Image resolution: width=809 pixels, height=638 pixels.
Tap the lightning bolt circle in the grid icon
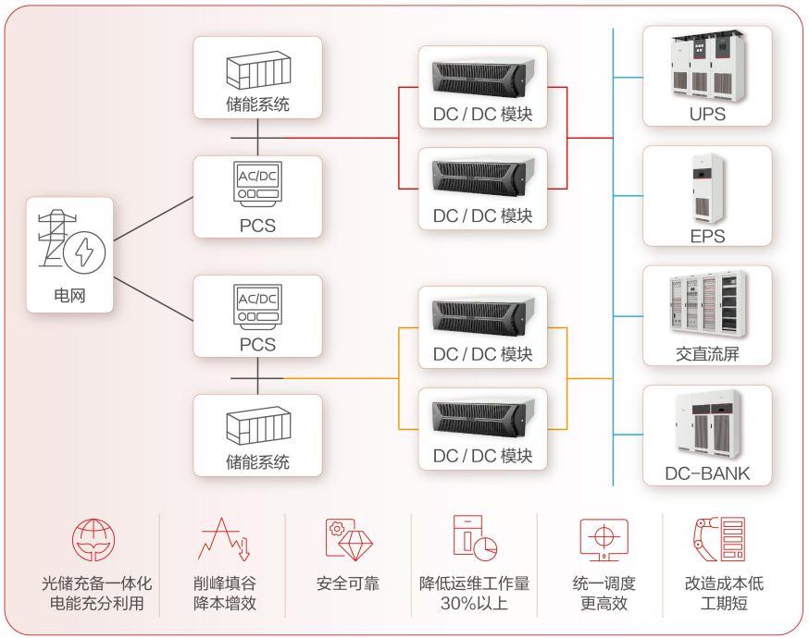coord(90,251)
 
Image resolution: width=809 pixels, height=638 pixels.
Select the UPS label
coord(707,116)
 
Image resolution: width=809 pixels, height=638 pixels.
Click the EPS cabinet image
coord(706,189)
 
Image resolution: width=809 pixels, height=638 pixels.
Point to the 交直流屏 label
coord(707,354)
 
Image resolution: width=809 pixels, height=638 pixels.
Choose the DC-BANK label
coord(707,473)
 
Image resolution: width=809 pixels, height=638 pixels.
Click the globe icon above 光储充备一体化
coord(94,541)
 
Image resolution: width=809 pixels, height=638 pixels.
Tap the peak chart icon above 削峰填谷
coord(223,541)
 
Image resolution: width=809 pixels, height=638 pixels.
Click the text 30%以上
coord(474,604)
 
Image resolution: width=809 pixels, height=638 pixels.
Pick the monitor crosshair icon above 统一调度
coord(604,540)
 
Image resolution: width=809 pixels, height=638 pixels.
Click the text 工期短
coord(724,604)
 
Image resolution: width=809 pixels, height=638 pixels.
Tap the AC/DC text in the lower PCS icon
coord(257,299)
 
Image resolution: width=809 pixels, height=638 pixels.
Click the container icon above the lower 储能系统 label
coord(257,426)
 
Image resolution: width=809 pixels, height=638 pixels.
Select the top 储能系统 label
coord(257,104)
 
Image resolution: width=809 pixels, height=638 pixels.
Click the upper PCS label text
coord(257,225)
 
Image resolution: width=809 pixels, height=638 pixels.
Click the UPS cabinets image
coord(706,67)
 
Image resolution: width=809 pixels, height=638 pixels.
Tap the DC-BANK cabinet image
coord(706,426)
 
